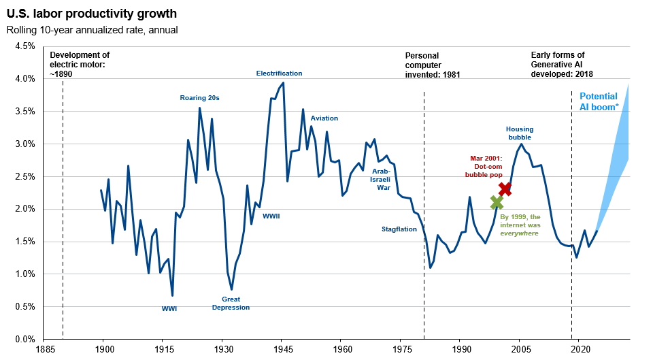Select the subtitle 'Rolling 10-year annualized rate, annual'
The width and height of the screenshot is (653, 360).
point(92,30)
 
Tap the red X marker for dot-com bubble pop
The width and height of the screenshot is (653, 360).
point(504,189)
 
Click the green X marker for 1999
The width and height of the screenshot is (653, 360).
point(497,202)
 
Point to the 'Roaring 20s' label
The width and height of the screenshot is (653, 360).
point(199,98)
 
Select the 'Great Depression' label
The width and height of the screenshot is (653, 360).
point(231,304)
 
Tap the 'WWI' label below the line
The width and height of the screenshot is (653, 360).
point(169,309)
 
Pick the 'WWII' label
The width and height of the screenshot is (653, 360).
point(271,216)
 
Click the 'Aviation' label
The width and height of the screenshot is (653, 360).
point(324,118)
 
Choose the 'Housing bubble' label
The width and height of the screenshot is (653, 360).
point(520,133)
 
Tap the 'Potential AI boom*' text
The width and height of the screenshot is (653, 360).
point(599,102)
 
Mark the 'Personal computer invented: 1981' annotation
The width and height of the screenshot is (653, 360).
point(433,65)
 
